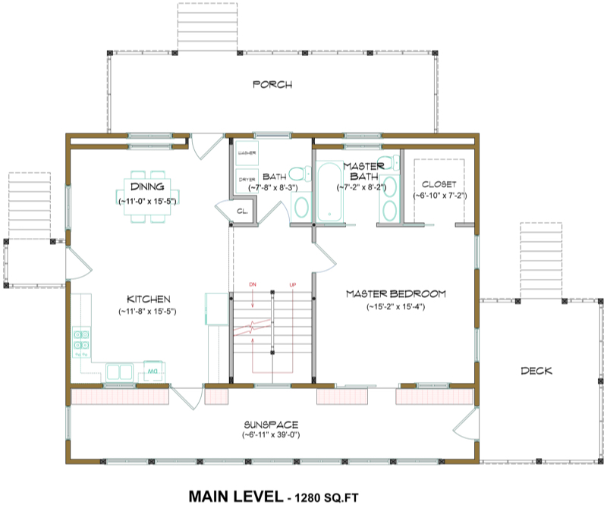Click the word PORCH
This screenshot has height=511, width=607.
pyautogui.click(x=272, y=84)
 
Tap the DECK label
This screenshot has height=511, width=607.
pyautogui.click(x=536, y=371)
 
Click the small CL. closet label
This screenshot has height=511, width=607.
pyautogui.click(x=244, y=212)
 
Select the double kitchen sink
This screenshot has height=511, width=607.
pyautogui.click(x=119, y=371)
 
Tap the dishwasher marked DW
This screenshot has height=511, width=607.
pyautogui.click(x=153, y=371)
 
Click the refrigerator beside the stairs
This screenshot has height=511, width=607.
pyautogui.click(x=216, y=309)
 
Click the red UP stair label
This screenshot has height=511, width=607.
pyautogui.click(x=292, y=285)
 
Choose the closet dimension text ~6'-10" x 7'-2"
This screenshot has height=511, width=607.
pyautogui.click(x=439, y=195)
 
